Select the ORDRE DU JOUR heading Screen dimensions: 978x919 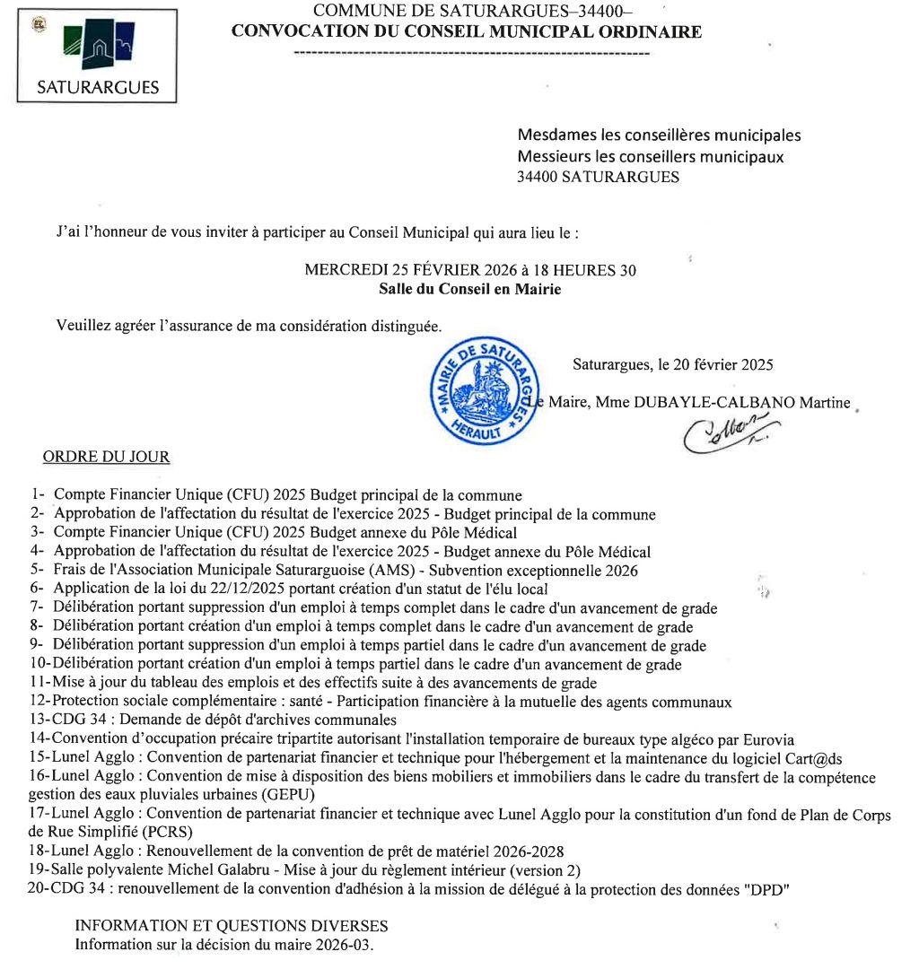106,457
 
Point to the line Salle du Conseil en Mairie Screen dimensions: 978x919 469,289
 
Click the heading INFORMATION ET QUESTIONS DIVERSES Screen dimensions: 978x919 232,926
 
